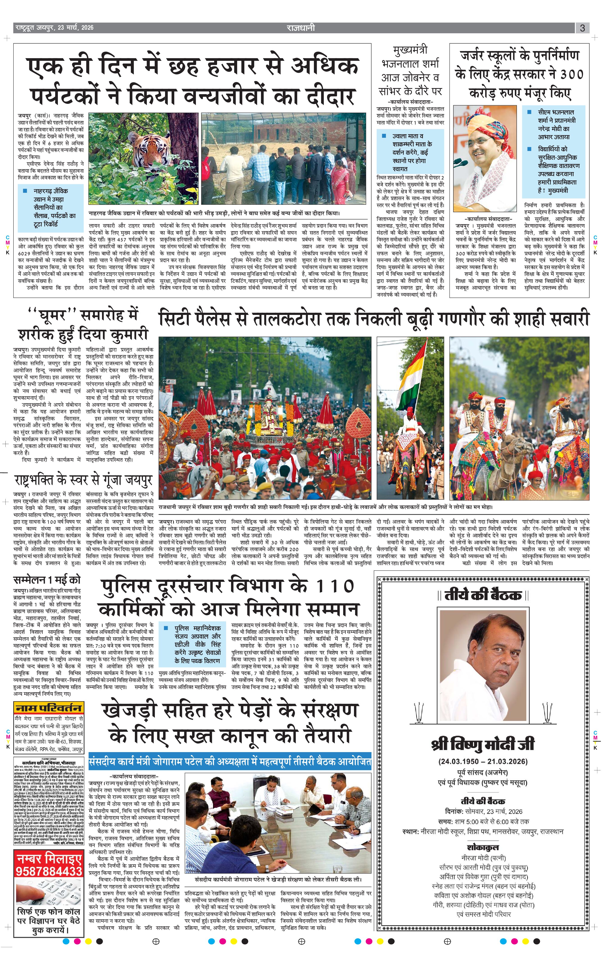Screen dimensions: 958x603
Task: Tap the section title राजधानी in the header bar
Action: [301, 27]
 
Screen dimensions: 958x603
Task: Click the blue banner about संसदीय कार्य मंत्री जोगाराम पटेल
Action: [230, 761]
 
